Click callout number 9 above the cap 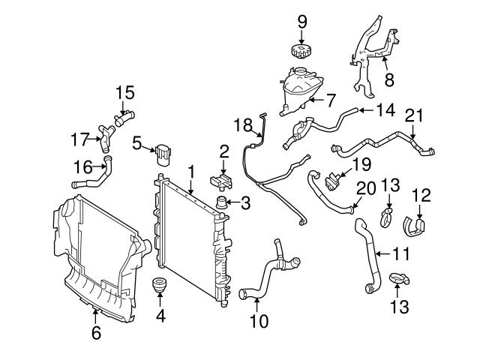click(301, 22)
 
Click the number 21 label click(415, 115)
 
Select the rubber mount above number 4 click(160, 287)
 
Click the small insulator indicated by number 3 click(222, 202)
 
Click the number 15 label click(124, 92)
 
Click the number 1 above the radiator click(191, 172)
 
